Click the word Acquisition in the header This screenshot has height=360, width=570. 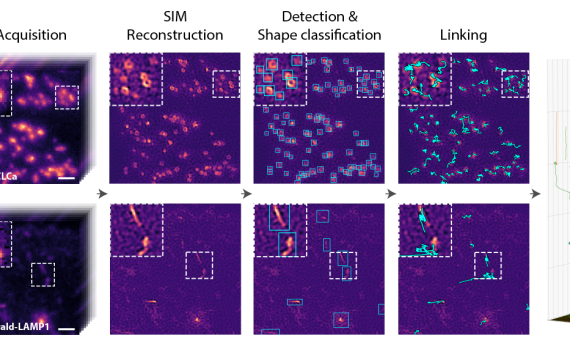32,34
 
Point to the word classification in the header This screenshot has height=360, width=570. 334,35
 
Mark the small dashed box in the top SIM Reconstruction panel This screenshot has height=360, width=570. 227,84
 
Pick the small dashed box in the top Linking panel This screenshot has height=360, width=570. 515,84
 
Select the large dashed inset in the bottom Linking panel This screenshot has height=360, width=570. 424,231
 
